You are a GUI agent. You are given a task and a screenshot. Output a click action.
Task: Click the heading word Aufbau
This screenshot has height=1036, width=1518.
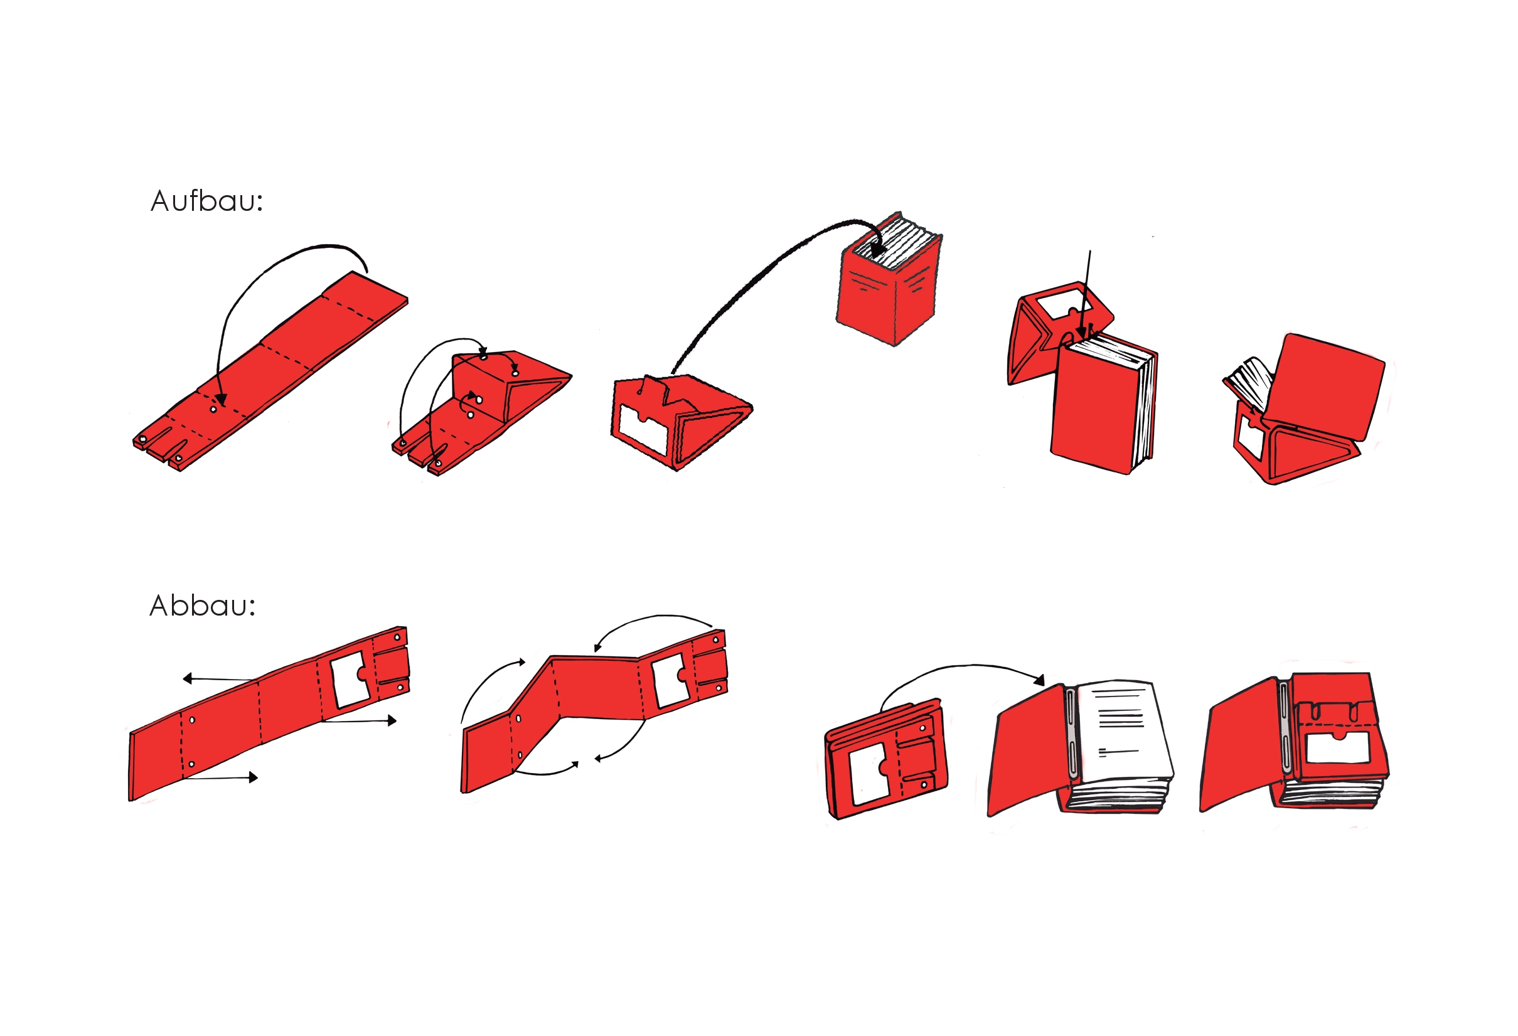click(x=206, y=201)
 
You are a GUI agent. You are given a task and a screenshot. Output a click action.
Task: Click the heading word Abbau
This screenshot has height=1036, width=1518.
click(x=203, y=606)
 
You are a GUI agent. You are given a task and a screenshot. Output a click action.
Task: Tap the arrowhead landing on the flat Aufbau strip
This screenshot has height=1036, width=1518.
click(x=222, y=398)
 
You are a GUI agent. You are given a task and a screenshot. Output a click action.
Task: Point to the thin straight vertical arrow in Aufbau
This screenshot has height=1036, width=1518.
click(x=1086, y=294)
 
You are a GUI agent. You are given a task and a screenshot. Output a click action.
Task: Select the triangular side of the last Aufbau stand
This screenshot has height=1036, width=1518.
click(x=1310, y=451)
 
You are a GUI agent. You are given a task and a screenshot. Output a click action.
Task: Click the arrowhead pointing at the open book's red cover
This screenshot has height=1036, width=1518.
click(x=1040, y=680)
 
